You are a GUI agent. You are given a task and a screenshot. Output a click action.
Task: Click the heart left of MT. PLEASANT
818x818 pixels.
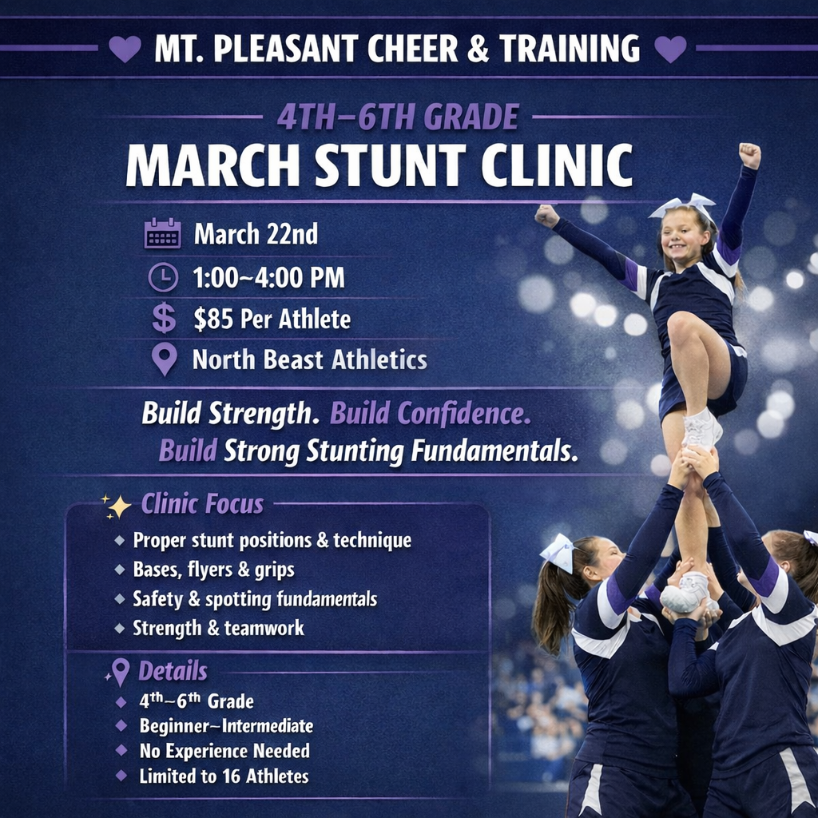(125, 49)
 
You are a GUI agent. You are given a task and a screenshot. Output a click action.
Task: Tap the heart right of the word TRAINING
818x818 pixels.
(670, 49)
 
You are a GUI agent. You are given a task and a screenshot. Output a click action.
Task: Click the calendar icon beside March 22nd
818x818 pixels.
(162, 234)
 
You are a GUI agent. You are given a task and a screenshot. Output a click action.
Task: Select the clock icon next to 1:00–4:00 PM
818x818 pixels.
(163, 277)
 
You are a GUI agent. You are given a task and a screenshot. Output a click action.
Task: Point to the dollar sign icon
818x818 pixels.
(164, 319)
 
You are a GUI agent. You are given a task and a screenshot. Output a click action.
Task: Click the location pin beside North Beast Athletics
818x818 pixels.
(164, 359)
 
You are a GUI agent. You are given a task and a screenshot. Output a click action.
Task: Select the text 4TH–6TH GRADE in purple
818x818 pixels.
(398, 117)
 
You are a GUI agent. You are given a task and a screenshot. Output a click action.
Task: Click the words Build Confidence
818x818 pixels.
(430, 414)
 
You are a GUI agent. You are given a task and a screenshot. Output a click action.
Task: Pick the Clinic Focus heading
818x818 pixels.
(202, 504)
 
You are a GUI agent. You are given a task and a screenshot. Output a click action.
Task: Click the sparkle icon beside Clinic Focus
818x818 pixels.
(117, 505)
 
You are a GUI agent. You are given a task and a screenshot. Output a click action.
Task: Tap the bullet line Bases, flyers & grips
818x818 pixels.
(213, 570)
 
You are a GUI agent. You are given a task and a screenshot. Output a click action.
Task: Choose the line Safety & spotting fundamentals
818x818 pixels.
(255, 598)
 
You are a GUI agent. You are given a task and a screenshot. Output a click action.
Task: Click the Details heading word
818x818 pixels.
(173, 670)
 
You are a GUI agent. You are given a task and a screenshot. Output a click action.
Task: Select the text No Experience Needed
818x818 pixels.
(224, 751)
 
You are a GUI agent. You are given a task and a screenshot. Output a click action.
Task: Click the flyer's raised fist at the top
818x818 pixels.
(749, 155)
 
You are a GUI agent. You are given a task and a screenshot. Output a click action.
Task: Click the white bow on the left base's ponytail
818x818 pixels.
(557, 550)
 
